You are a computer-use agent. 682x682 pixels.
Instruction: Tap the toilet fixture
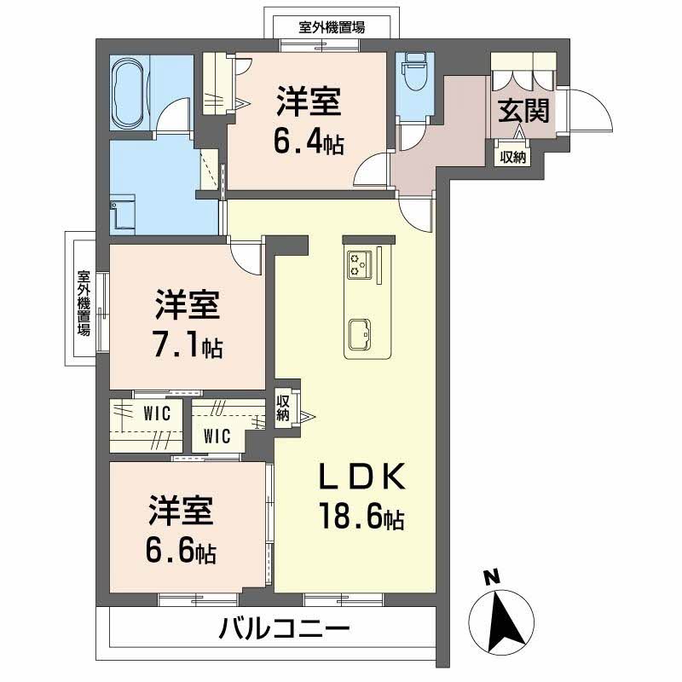[415, 72]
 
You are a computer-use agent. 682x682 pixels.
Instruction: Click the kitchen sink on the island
[359, 333]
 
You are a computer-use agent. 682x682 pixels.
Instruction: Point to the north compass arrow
[504, 617]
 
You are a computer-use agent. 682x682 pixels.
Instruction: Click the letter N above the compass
[490, 578]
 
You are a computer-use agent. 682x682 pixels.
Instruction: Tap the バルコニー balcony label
[285, 632]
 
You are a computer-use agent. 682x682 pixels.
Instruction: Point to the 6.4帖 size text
[308, 142]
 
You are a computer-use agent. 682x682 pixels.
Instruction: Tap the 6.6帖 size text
[181, 552]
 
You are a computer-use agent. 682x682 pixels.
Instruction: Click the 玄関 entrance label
[523, 111]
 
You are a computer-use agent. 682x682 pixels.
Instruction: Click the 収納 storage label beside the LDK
[283, 407]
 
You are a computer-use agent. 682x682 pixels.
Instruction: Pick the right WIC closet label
[217, 437]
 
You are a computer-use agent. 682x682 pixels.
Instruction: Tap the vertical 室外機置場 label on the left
[84, 303]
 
